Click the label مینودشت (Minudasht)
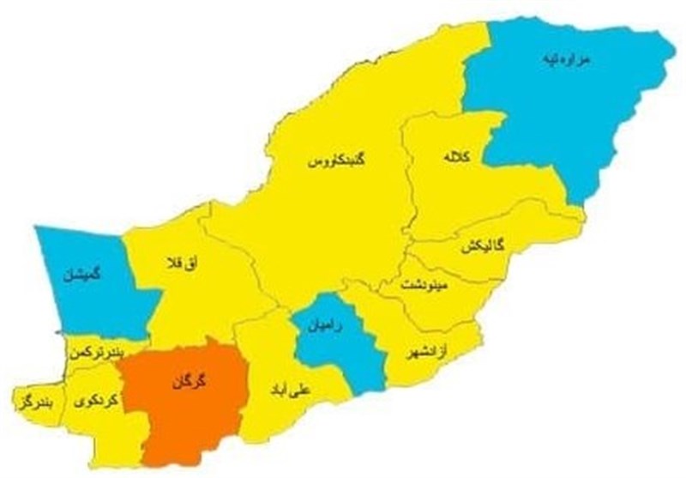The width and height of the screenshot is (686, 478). [422, 284]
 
